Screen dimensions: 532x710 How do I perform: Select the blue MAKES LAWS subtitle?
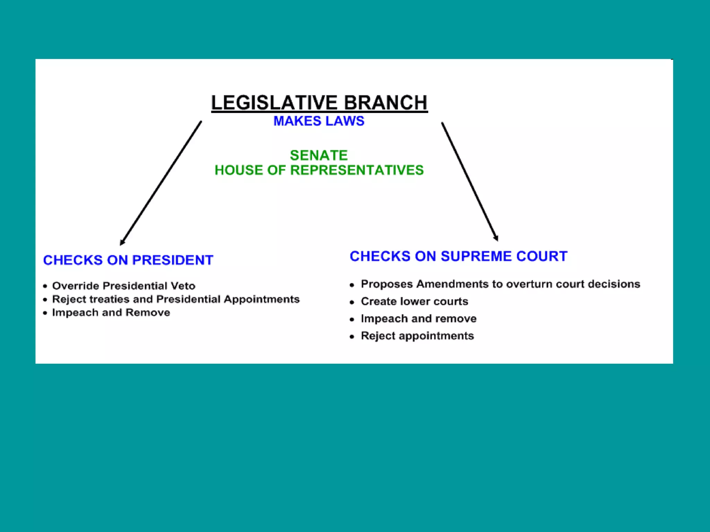[319, 121]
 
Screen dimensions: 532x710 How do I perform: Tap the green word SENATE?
[319, 155]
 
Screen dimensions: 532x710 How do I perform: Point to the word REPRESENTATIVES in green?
[357, 170]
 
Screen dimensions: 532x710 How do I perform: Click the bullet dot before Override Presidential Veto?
[45, 286]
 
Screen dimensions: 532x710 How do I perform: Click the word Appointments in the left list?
[261, 299]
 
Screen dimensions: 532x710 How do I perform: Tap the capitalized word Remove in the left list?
[148, 312]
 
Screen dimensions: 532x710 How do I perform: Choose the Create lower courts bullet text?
[414, 301]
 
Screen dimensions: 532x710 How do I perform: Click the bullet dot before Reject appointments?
[352, 336]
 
